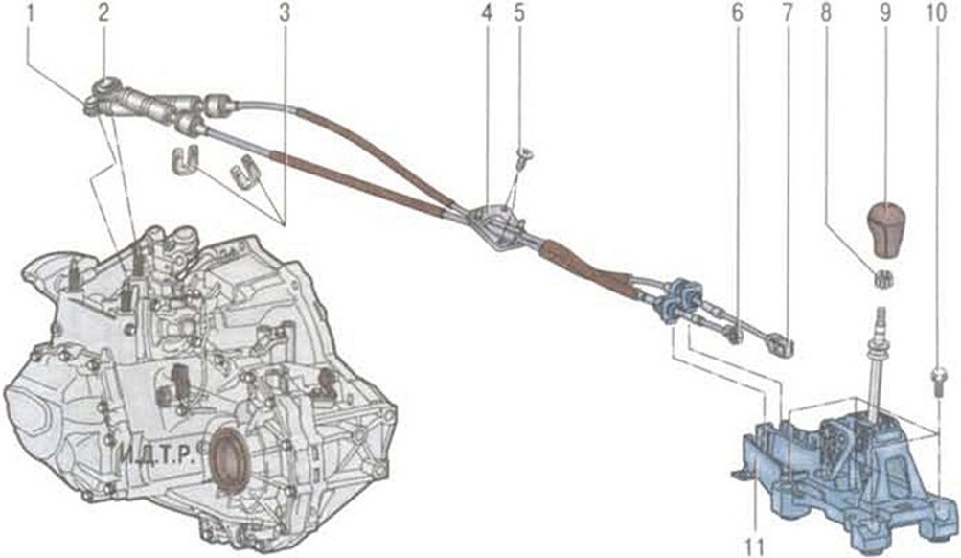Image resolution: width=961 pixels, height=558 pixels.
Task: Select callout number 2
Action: pos(103,14)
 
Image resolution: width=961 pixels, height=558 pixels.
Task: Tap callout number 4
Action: pos(487,14)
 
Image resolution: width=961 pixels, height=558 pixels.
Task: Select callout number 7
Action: pos(789,14)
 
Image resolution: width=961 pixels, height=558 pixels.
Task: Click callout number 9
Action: pos(883,14)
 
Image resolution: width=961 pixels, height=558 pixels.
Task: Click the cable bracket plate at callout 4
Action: pos(495,226)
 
